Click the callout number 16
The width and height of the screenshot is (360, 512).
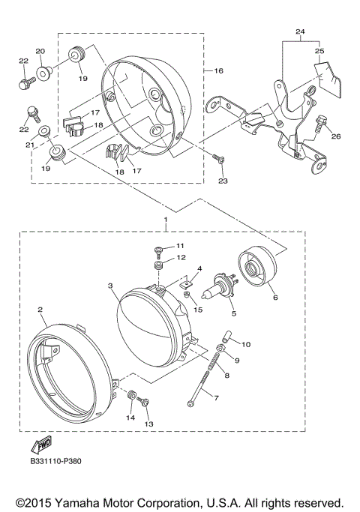(x=219, y=70)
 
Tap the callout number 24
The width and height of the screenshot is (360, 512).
(x=300, y=32)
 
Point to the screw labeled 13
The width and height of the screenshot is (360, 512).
(x=147, y=405)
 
